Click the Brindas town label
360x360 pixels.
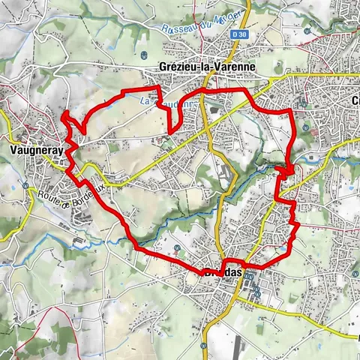(x=223, y=272)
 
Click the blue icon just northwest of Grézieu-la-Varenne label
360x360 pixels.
(x=142, y=54)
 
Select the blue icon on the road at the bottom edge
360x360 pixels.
(x=203, y=346)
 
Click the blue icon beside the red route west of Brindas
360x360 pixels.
(x=175, y=247)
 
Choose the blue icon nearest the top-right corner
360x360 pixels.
(x=309, y=31)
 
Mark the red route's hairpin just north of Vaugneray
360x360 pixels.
(x=66, y=114)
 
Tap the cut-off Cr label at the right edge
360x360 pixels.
(x=355, y=100)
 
